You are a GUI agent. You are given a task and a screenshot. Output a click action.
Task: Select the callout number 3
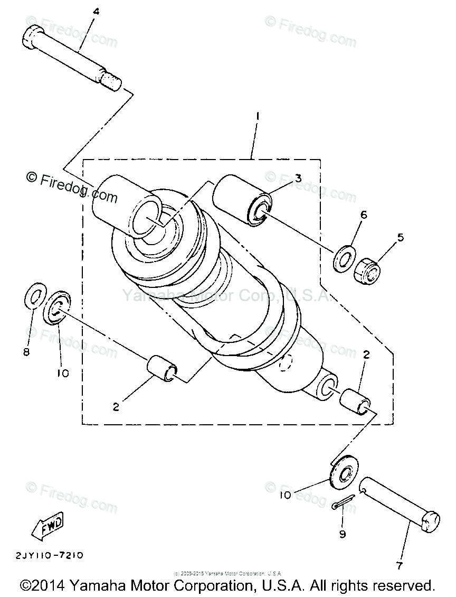point(298,178)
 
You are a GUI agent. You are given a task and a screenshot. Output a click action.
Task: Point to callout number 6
point(363,215)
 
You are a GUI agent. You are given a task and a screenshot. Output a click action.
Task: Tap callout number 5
point(401,237)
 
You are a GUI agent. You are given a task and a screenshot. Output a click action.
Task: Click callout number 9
point(342,534)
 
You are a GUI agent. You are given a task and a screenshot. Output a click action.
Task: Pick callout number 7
point(399,566)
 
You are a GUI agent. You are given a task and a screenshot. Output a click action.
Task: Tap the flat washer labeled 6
point(344,258)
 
